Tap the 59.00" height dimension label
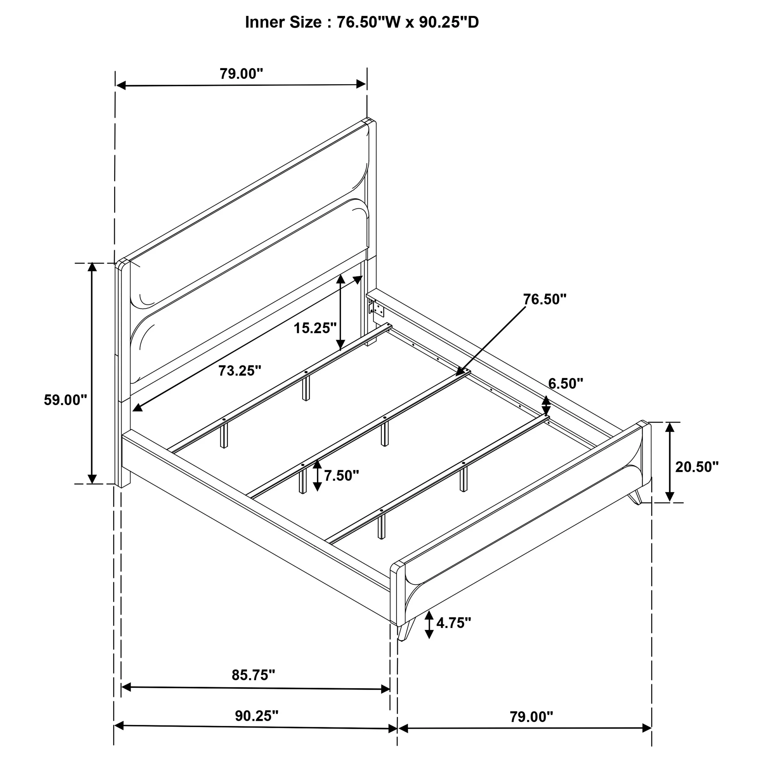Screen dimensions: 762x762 (65, 400)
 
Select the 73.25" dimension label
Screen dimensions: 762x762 (240, 370)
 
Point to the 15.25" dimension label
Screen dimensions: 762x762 (315, 328)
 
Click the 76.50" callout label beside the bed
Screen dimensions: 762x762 (545, 299)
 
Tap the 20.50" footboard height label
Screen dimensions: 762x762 (697, 467)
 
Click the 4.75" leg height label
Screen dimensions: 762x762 (454, 623)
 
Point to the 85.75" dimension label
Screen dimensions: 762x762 (253, 675)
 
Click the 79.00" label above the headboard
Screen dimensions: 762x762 (241, 73)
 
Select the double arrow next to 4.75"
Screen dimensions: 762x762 (429, 625)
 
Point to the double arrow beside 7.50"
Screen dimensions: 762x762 (317, 476)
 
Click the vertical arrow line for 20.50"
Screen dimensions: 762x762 (669, 462)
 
